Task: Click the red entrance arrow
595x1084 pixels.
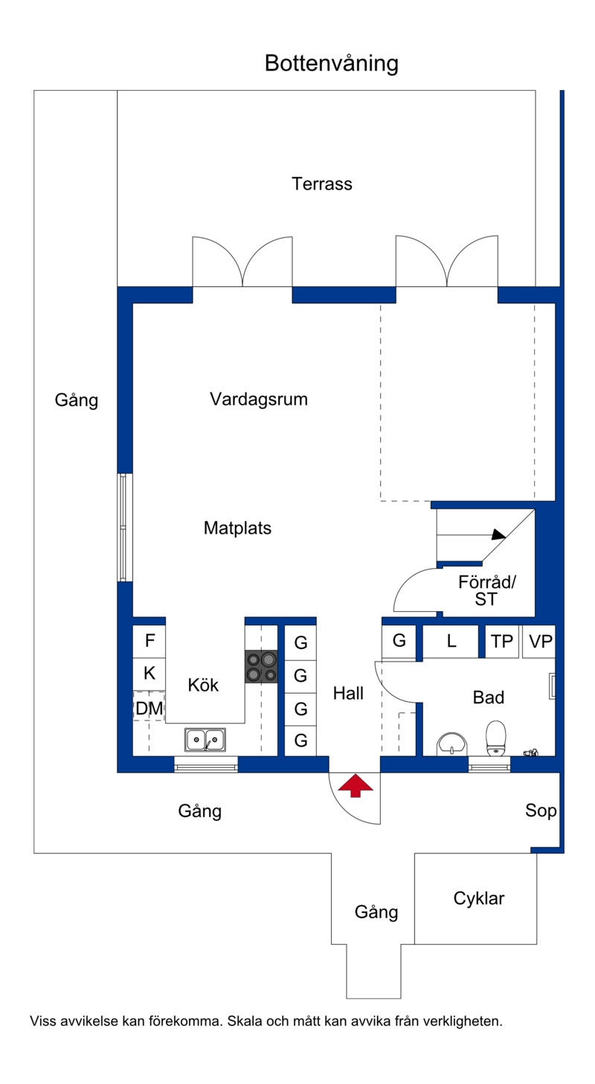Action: [x=356, y=785]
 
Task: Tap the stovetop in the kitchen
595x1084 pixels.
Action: [x=262, y=666]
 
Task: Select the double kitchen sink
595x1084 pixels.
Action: [x=205, y=740]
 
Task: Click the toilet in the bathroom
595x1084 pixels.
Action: [x=496, y=738]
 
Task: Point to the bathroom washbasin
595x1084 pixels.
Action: [x=451, y=743]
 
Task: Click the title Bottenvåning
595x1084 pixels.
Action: [x=332, y=63]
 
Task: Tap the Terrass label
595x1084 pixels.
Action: [x=322, y=184]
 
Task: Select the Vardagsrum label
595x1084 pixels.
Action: [x=259, y=399]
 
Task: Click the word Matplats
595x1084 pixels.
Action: [x=237, y=528]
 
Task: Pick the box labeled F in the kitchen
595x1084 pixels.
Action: [x=149, y=641]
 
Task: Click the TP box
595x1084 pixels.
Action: [x=502, y=641]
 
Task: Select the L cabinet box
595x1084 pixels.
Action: [x=451, y=641]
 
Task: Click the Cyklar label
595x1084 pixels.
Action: [x=479, y=898]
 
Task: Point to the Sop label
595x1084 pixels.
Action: [x=541, y=810]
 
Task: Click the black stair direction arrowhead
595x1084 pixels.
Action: [x=498, y=535]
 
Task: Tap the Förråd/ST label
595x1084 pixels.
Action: [x=487, y=590]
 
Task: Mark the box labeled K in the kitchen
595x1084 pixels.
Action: [x=149, y=674]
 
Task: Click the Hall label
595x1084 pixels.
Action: [x=348, y=694]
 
